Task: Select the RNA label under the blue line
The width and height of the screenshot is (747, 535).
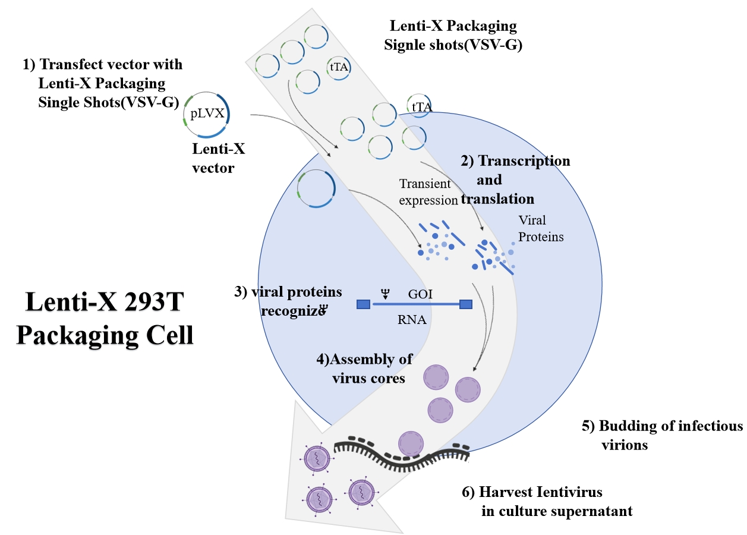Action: pos(412,320)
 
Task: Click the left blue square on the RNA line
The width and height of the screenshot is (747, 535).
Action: pos(363,304)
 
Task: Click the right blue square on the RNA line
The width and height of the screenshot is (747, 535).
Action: pos(467,304)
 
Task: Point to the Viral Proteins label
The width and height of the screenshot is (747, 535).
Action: pos(541,228)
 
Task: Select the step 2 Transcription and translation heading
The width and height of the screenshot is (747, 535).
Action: pos(515,180)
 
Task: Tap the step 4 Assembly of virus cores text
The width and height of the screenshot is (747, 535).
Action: pos(365,368)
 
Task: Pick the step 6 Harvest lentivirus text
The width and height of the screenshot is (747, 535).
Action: pos(547,501)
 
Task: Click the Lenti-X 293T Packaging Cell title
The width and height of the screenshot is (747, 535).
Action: pos(105,319)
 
